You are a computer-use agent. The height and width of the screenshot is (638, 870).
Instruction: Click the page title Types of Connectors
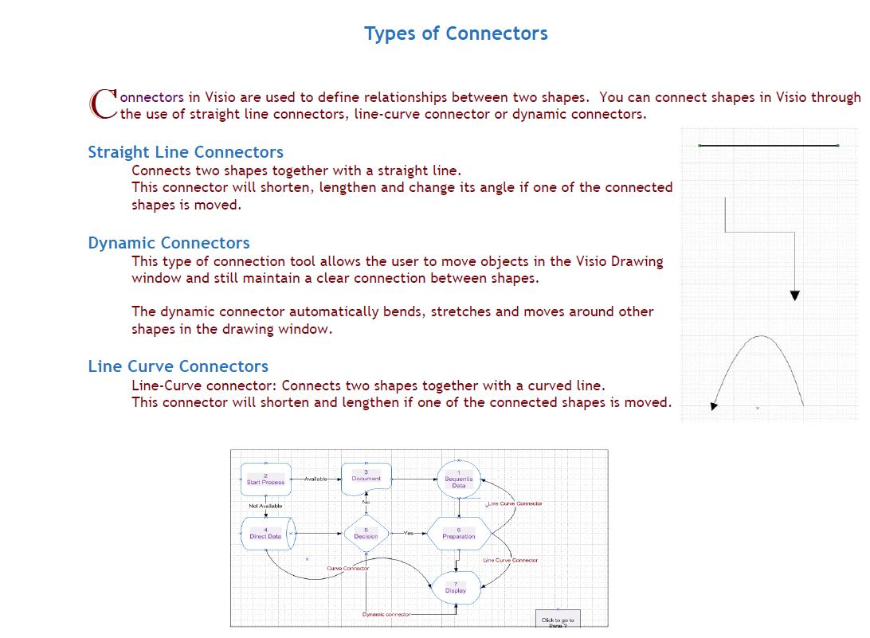pos(456,33)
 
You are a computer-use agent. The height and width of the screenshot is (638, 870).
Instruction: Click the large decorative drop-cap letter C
pos(104,104)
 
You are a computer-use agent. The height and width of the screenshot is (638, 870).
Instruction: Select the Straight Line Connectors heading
pos(186,152)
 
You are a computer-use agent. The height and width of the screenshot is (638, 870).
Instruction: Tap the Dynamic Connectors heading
pos(169,243)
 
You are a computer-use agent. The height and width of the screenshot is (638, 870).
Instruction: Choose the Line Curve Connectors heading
pos(178,366)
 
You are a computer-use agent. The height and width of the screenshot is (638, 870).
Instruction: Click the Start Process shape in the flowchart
pos(265,479)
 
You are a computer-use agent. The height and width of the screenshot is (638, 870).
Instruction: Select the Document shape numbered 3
pos(366,476)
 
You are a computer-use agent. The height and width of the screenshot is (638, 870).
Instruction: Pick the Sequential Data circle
pos(459,480)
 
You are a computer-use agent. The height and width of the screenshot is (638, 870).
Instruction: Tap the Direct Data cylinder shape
pos(266,534)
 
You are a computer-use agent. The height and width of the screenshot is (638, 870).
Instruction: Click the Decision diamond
pos(366,534)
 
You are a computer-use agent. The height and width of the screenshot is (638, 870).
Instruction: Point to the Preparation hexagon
pos(458,534)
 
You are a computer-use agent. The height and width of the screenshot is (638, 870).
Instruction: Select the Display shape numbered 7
pos(456,588)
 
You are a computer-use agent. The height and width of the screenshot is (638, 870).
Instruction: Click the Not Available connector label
pos(265,506)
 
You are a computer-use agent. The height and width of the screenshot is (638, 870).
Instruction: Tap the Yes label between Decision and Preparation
pos(409,533)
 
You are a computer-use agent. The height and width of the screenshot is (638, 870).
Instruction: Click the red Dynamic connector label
pos(386,614)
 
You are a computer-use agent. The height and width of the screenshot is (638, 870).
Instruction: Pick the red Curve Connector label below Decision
pos(348,568)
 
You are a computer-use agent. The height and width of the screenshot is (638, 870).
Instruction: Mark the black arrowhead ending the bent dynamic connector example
pos(794,296)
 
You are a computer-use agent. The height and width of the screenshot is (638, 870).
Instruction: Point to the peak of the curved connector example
pos(762,337)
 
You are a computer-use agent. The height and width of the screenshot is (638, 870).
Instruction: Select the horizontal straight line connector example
pos(768,146)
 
